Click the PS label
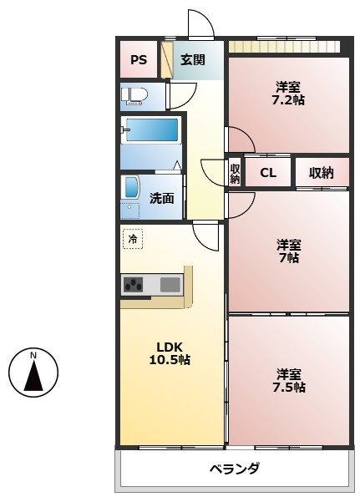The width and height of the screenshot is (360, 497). (139, 59)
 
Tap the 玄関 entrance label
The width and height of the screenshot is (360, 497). (193, 59)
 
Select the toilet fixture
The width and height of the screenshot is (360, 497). (134, 96)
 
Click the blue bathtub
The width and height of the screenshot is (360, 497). (152, 129)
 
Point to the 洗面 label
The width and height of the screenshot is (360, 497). (161, 198)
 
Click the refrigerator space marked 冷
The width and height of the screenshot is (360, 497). (133, 239)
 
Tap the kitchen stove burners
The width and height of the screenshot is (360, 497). (133, 284)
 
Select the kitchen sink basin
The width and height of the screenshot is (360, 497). (170, 284)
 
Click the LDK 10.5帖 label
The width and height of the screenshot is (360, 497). (170, 353)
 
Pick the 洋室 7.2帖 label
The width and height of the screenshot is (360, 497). (288, 94)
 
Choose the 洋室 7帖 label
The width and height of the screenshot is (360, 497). (288, 251)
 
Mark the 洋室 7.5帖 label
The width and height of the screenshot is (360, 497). (289, 381)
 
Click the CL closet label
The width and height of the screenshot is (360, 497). (268, 173)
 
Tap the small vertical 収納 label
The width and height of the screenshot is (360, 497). (235, 174)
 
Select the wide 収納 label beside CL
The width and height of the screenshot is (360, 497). (322, 173)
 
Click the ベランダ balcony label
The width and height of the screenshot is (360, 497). (235, 469)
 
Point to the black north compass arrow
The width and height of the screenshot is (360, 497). (33, 378)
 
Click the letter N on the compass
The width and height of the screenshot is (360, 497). (33, 355)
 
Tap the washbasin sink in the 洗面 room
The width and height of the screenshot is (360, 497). (132, 188)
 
